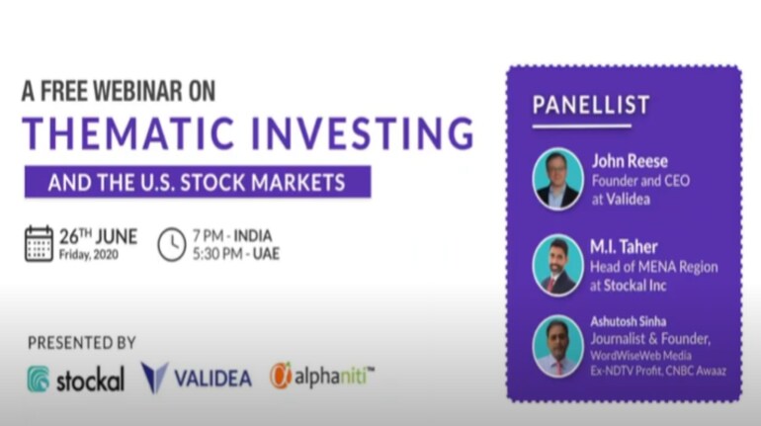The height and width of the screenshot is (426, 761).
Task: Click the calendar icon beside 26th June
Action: coord(39,243)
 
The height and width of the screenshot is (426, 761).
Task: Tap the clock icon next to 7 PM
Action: coord(172,244)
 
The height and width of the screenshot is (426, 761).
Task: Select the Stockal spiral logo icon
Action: coord(39,379)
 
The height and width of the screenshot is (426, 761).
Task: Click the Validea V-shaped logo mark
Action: coord(154,378)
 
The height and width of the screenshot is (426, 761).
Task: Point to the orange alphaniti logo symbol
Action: coord(281,376)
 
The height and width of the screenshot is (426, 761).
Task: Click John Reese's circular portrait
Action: coord(557,179)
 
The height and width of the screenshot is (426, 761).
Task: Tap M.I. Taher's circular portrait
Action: coord(557,266)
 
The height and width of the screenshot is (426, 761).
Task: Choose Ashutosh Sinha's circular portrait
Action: coord(557,346)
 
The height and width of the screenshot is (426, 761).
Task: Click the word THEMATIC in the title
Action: coord(128,133)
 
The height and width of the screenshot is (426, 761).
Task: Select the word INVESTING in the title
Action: coord(363,133)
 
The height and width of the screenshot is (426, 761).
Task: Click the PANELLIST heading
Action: coord(591,105)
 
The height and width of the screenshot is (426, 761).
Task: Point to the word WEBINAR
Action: coord(137,91)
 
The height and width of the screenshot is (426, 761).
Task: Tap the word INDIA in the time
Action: coord(253,236)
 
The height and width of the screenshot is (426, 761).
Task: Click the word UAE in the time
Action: coord(266,254)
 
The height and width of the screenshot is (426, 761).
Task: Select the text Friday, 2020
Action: coord(88,255)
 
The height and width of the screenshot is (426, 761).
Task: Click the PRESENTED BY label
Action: coord(81,343)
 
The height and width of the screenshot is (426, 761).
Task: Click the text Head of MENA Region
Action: coord(653,267)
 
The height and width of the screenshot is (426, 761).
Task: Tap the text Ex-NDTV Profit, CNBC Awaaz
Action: coord(658,371)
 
